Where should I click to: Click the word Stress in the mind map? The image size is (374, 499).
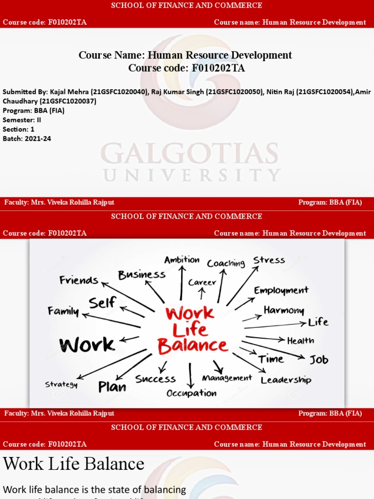269,260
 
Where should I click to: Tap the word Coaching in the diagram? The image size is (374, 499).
225,263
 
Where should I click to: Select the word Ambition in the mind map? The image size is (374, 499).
182,260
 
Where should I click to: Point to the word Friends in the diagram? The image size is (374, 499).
78,280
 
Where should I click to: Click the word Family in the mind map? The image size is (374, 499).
63,311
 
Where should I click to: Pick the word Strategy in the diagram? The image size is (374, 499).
61,384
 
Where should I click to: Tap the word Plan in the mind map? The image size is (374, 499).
112,387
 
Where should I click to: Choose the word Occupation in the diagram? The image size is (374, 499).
191,393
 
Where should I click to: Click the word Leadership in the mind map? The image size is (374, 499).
286,380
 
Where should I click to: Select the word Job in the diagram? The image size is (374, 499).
319,360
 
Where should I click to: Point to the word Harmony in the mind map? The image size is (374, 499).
284,310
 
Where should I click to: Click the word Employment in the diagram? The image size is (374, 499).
281,290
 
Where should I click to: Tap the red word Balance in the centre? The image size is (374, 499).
192,346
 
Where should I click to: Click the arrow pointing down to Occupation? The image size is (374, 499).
191,375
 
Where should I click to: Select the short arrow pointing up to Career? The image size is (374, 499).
202,293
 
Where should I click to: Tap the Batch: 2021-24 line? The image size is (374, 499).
27,138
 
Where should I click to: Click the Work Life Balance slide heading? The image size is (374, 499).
74,463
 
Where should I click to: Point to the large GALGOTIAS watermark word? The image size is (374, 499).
189,154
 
